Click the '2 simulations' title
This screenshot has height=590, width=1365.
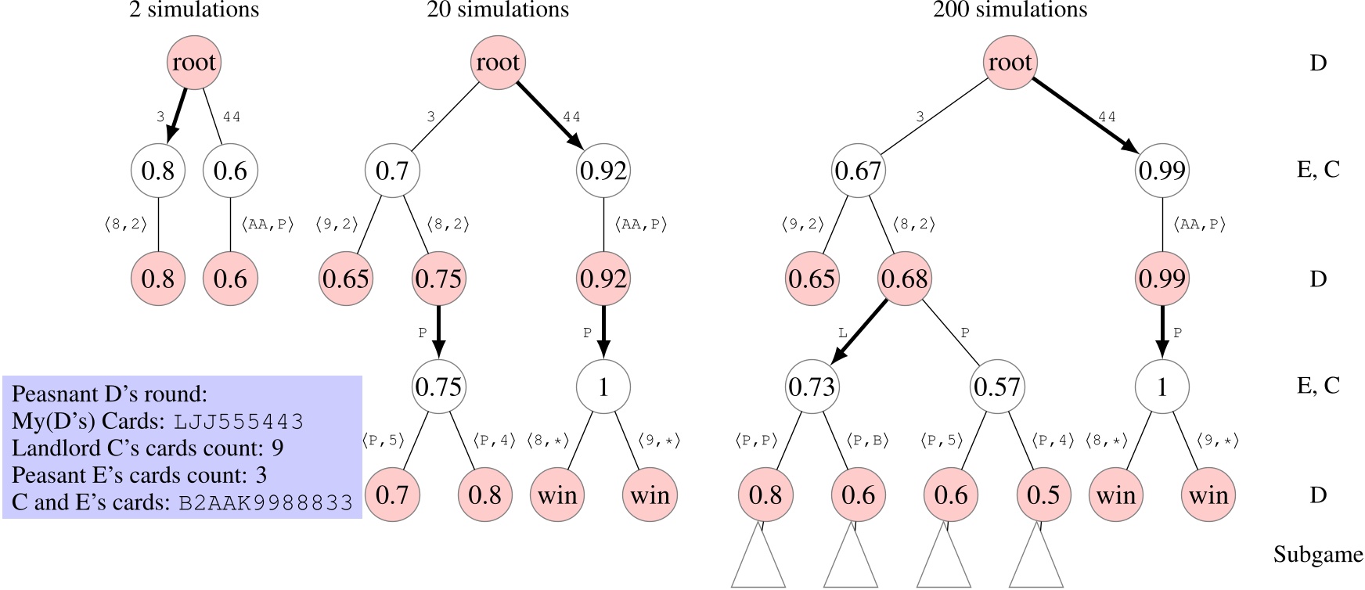click(x=193, y=10)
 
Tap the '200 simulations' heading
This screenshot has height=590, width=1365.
click(x=1010, y=10)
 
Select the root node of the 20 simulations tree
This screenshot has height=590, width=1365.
click(x=498, y=63)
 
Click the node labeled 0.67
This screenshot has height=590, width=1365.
click(x=859, y=171)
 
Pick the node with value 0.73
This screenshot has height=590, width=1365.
click(x=812, y=387)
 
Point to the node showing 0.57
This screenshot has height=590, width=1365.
click(x=997, y=387)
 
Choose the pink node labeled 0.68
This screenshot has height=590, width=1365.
click(x=905, y=279)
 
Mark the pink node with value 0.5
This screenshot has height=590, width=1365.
click(x=1043, y=495)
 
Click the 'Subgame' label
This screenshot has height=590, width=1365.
click(x=1318, y=555)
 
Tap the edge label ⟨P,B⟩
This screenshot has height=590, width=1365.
click(x=868, y=441)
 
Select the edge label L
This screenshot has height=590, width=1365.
click(x=842, y=333)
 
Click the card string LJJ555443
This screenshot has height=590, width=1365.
click(x=239, y=422)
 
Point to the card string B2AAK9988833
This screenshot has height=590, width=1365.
click(x=266, y=502)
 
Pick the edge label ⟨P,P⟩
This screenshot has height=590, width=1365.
click(x=756, y=441)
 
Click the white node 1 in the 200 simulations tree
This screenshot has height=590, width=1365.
click(x=1162, y=387)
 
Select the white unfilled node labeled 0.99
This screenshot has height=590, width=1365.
click(x=1162, y=171)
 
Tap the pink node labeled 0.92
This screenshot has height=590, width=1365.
click(x=603, y=279)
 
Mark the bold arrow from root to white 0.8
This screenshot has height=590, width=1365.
click(x=178, y=114)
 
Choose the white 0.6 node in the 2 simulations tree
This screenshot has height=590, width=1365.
click(x=230, y=171)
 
